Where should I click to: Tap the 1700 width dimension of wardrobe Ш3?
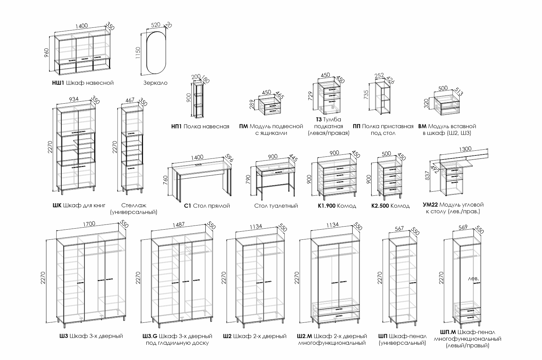pyautogui.click(x=89, y=224)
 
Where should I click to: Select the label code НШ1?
pyautogui.click(x=56, y=83)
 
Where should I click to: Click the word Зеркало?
pyautogui.click(x=155, y=83)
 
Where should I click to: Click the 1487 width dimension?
pyautogui.click(x=179, y=225)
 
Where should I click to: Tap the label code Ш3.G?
pyautogui.click(x=150, y=336)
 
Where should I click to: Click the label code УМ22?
pyautogui.click(x=431, y=205)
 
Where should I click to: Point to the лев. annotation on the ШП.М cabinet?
pyautogui.click(x=473, y=278)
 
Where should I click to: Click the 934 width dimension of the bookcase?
pyautogui.click(x=74, y=99)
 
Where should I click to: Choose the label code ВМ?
pyautogui.click(x=422, y=126)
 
